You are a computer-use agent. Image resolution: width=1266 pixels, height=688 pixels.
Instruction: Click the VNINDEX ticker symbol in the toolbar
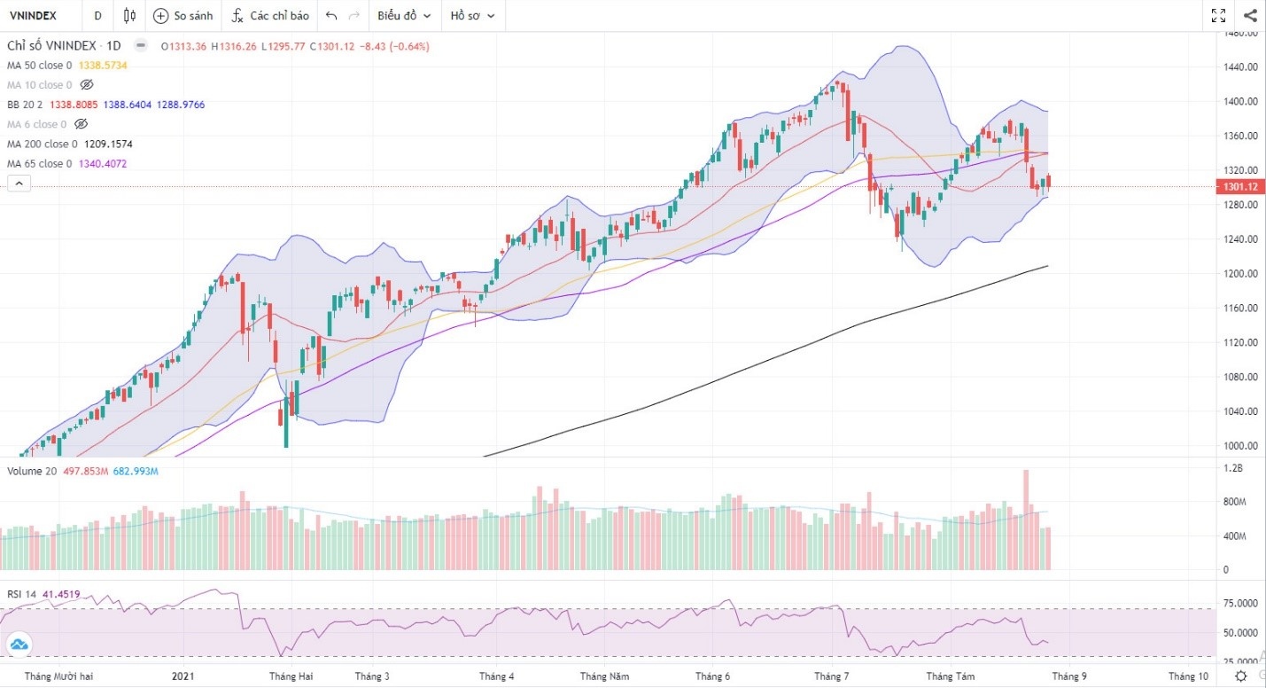33,15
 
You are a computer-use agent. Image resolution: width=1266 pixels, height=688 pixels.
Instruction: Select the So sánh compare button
183,15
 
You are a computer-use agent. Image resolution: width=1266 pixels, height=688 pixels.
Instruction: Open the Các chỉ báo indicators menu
270,15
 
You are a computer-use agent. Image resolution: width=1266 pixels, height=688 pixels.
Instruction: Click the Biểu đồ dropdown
404,15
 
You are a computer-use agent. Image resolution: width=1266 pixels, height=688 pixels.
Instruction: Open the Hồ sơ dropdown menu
472,15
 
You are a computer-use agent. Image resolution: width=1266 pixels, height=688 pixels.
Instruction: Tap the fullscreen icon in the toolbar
1218,15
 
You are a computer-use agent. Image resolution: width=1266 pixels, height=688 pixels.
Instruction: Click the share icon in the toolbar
1250,15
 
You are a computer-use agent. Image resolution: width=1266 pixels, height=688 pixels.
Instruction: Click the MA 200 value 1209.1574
108,144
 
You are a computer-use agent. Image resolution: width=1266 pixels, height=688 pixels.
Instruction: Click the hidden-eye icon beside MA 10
86,85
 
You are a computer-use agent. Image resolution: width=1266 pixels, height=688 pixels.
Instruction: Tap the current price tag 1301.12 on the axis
1239,186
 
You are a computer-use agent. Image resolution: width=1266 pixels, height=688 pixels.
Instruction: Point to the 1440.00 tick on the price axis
1241,66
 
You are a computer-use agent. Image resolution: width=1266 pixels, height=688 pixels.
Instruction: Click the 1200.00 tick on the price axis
1241,273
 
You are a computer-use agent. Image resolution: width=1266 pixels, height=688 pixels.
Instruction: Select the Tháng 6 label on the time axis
712,676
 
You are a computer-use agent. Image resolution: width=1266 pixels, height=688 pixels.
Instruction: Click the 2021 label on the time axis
183,676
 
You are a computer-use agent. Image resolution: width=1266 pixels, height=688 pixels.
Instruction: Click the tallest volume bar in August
1026,520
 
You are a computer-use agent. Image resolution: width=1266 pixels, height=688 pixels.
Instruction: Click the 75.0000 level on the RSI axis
1239,603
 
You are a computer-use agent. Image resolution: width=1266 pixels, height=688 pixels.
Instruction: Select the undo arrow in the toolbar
331,15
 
